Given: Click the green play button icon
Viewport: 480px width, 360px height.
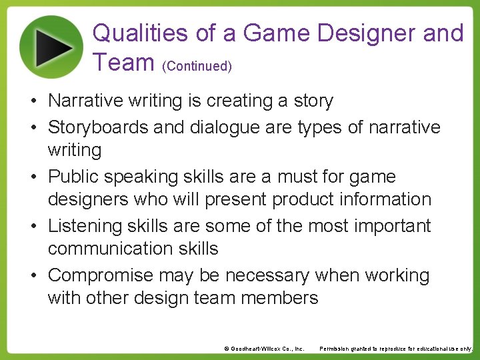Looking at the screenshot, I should pos(52,47).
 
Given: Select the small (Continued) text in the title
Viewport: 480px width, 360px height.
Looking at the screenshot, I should pos(197,66).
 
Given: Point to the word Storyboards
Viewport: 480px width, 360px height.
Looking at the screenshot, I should pos(99,127).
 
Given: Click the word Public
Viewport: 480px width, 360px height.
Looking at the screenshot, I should pos(73,177).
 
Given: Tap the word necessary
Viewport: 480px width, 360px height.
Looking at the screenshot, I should pos(267,275).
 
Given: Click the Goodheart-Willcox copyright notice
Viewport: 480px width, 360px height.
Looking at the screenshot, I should pos(264,349).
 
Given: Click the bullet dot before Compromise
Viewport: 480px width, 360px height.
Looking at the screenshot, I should pos(32,276).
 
